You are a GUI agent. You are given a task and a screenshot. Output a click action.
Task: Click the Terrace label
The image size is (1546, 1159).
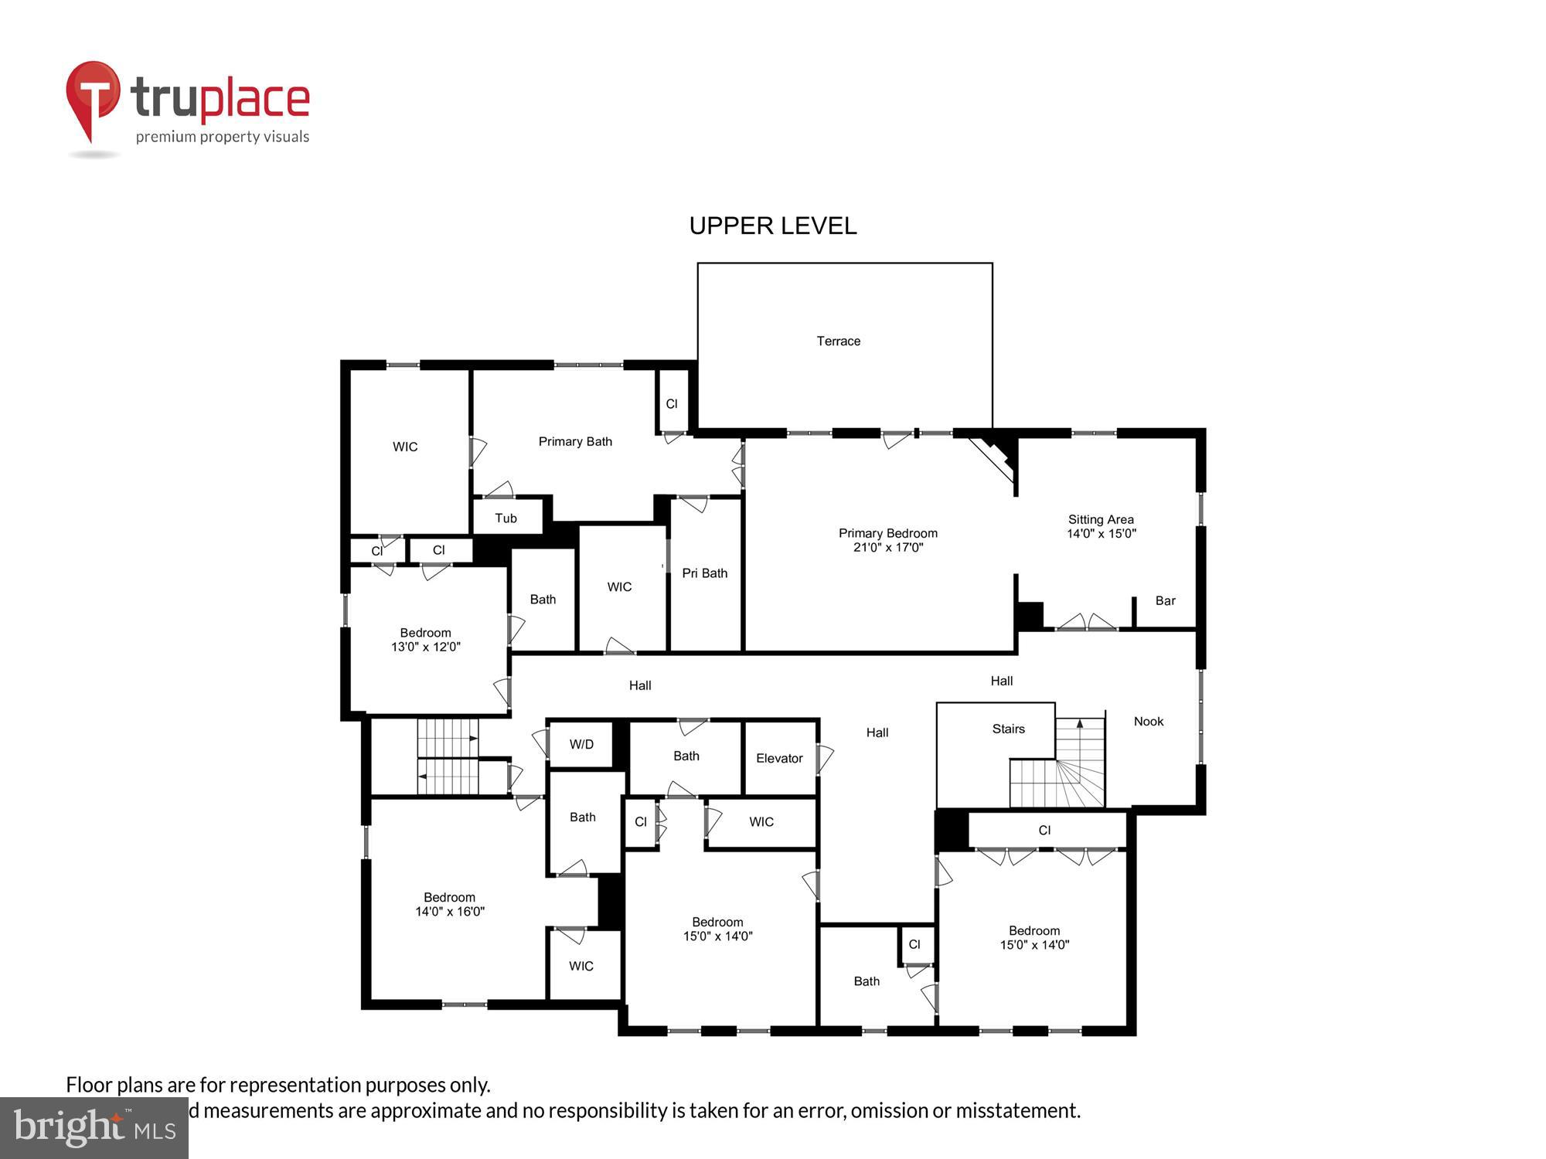[838, 341]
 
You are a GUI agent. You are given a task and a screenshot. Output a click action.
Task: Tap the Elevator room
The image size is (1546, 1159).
[779, 758]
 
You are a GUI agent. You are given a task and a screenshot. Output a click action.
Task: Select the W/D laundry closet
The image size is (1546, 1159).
[581, 744]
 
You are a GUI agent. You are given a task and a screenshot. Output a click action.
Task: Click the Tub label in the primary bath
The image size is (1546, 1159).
[506, 518]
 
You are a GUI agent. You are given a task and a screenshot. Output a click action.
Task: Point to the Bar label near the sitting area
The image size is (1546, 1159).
[1165, 600]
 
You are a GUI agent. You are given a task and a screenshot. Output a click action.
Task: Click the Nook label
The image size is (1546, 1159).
[1148, 721]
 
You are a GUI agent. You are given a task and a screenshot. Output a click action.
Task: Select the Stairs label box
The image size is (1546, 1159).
[1008, 729]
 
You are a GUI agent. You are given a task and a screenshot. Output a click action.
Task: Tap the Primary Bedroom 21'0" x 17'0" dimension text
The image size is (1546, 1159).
[887, 547]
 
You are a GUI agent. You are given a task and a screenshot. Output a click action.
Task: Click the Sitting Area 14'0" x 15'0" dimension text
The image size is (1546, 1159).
[1101, 533]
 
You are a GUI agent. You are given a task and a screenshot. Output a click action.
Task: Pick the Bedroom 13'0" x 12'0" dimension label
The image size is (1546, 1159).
[425, 647]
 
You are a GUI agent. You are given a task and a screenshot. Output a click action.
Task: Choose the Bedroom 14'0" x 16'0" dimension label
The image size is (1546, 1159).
[449, 911]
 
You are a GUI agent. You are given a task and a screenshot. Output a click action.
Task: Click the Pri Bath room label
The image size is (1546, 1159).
[704, 573]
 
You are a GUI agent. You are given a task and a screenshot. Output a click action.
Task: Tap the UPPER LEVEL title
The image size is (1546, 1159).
[772, 226]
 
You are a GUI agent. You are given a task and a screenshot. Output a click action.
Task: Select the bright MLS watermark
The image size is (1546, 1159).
[94, 1127]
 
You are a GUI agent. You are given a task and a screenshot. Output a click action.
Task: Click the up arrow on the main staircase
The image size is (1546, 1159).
[1080, 724]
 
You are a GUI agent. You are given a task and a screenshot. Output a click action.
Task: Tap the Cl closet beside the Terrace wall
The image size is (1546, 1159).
[671, 403]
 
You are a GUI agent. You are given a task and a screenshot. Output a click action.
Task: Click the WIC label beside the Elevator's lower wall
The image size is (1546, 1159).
[761, 821]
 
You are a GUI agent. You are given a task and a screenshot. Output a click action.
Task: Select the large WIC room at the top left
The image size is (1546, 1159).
[405, 447]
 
